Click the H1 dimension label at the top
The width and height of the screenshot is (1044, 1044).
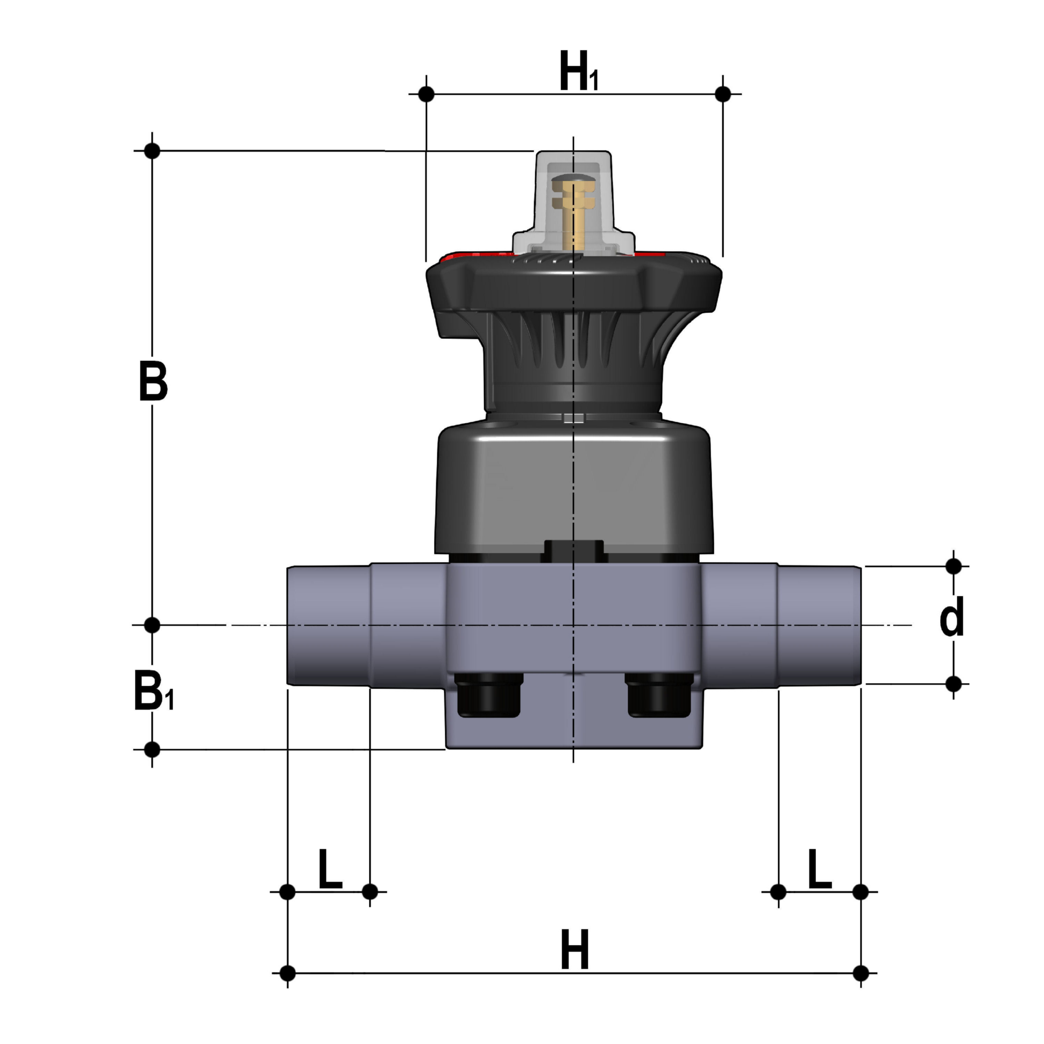click(x=579, y=71)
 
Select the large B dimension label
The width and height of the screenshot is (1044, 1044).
click(x=153, y=381)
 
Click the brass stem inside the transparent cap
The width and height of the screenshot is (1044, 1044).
click(x=573, y=213)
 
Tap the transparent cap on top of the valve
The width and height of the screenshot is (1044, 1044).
click(x=573, y=203)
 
